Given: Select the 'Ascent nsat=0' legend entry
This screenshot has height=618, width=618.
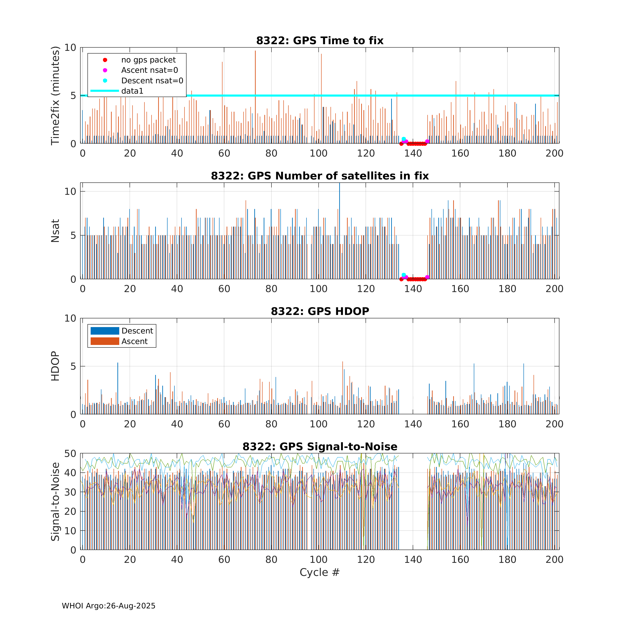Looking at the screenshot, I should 149,70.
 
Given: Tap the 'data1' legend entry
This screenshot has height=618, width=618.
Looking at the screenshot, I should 132,91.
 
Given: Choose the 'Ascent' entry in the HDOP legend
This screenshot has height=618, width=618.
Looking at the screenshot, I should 134,341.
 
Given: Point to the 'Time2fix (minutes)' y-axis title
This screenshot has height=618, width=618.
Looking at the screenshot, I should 55,96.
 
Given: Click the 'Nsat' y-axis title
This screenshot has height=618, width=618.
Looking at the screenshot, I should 55,231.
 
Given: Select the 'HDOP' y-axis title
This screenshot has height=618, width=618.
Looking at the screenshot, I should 55,366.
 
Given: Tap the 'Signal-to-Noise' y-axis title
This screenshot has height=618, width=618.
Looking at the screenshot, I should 55,501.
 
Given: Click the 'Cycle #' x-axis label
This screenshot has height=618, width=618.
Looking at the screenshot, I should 319,572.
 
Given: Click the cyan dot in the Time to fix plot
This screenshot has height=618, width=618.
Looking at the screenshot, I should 404,139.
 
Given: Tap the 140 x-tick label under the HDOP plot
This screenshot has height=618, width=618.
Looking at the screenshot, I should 413,424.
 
